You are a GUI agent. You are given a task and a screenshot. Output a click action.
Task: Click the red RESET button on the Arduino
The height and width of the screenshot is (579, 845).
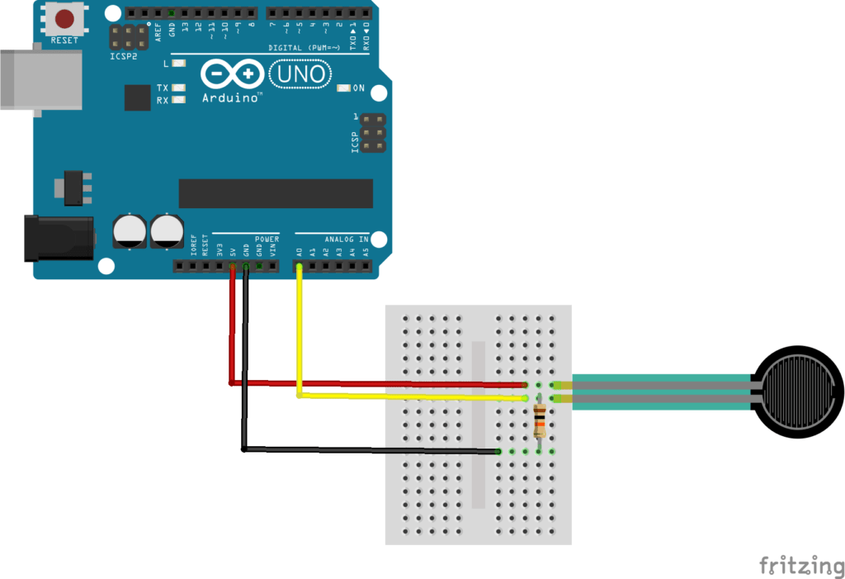(x=64, y=18)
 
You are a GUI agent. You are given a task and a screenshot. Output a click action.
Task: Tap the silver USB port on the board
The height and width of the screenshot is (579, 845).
(x=40, y=79)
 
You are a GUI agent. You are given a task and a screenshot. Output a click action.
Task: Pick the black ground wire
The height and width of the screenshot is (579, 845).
(x=244, y=372)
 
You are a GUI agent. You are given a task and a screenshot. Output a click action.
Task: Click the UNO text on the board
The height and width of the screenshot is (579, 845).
(x=300, y=75)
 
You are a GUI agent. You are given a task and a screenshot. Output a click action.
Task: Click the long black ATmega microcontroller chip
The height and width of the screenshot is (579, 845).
(x=276, y=193)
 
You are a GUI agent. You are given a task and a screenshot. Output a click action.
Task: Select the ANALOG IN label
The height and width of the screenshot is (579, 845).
(x=346, y=240)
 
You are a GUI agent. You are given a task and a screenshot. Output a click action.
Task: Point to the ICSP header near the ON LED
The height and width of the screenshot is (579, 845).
(x=374, y=134)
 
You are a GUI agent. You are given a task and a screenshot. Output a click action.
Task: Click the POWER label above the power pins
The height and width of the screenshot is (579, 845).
(x=267, y=239)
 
